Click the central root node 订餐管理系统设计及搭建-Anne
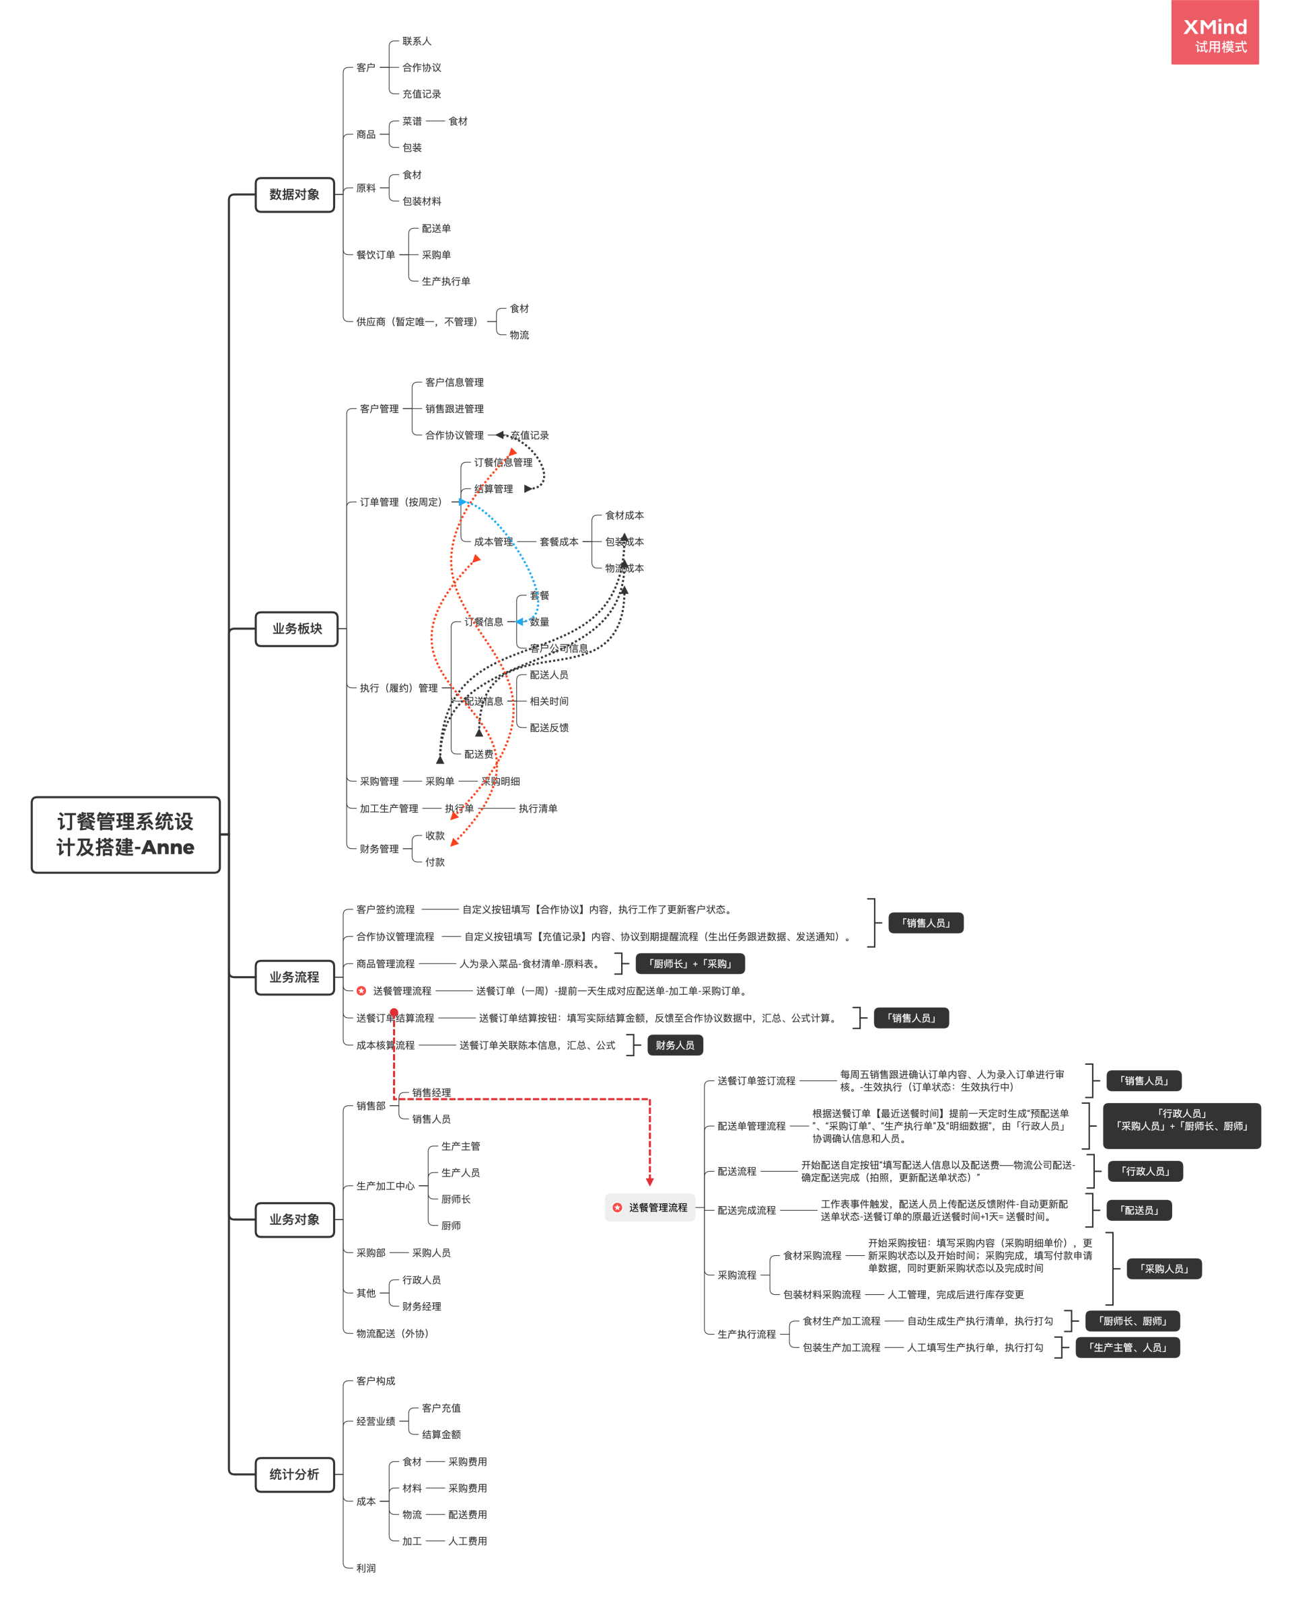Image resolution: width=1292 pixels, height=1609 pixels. [125, 834]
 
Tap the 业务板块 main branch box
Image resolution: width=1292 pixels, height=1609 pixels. [296, 629]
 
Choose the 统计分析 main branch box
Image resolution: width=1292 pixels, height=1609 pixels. [294, 1474]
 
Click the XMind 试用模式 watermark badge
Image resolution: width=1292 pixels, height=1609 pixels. [1215, 34]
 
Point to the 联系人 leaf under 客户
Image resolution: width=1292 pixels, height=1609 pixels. [417, 41]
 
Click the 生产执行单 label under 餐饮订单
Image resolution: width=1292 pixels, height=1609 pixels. [445, 281]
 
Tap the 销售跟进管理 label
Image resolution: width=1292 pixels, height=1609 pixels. [454, 409]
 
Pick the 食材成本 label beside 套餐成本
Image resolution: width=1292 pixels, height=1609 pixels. [624, 516]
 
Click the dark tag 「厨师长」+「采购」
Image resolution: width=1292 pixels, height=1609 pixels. [690, 964]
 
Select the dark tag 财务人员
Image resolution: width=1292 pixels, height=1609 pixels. [675, 1045]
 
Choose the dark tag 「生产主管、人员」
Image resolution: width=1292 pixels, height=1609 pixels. [1127, 1348]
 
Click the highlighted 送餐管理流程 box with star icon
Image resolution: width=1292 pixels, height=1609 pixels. [650, 1207]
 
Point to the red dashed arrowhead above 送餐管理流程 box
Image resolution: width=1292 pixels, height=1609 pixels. [650, 1181]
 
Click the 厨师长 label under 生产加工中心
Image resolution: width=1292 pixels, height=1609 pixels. [456, 1199]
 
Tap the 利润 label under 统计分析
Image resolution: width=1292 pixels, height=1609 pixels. [366, 1568]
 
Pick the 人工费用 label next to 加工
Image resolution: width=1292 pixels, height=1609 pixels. [467, 1541]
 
